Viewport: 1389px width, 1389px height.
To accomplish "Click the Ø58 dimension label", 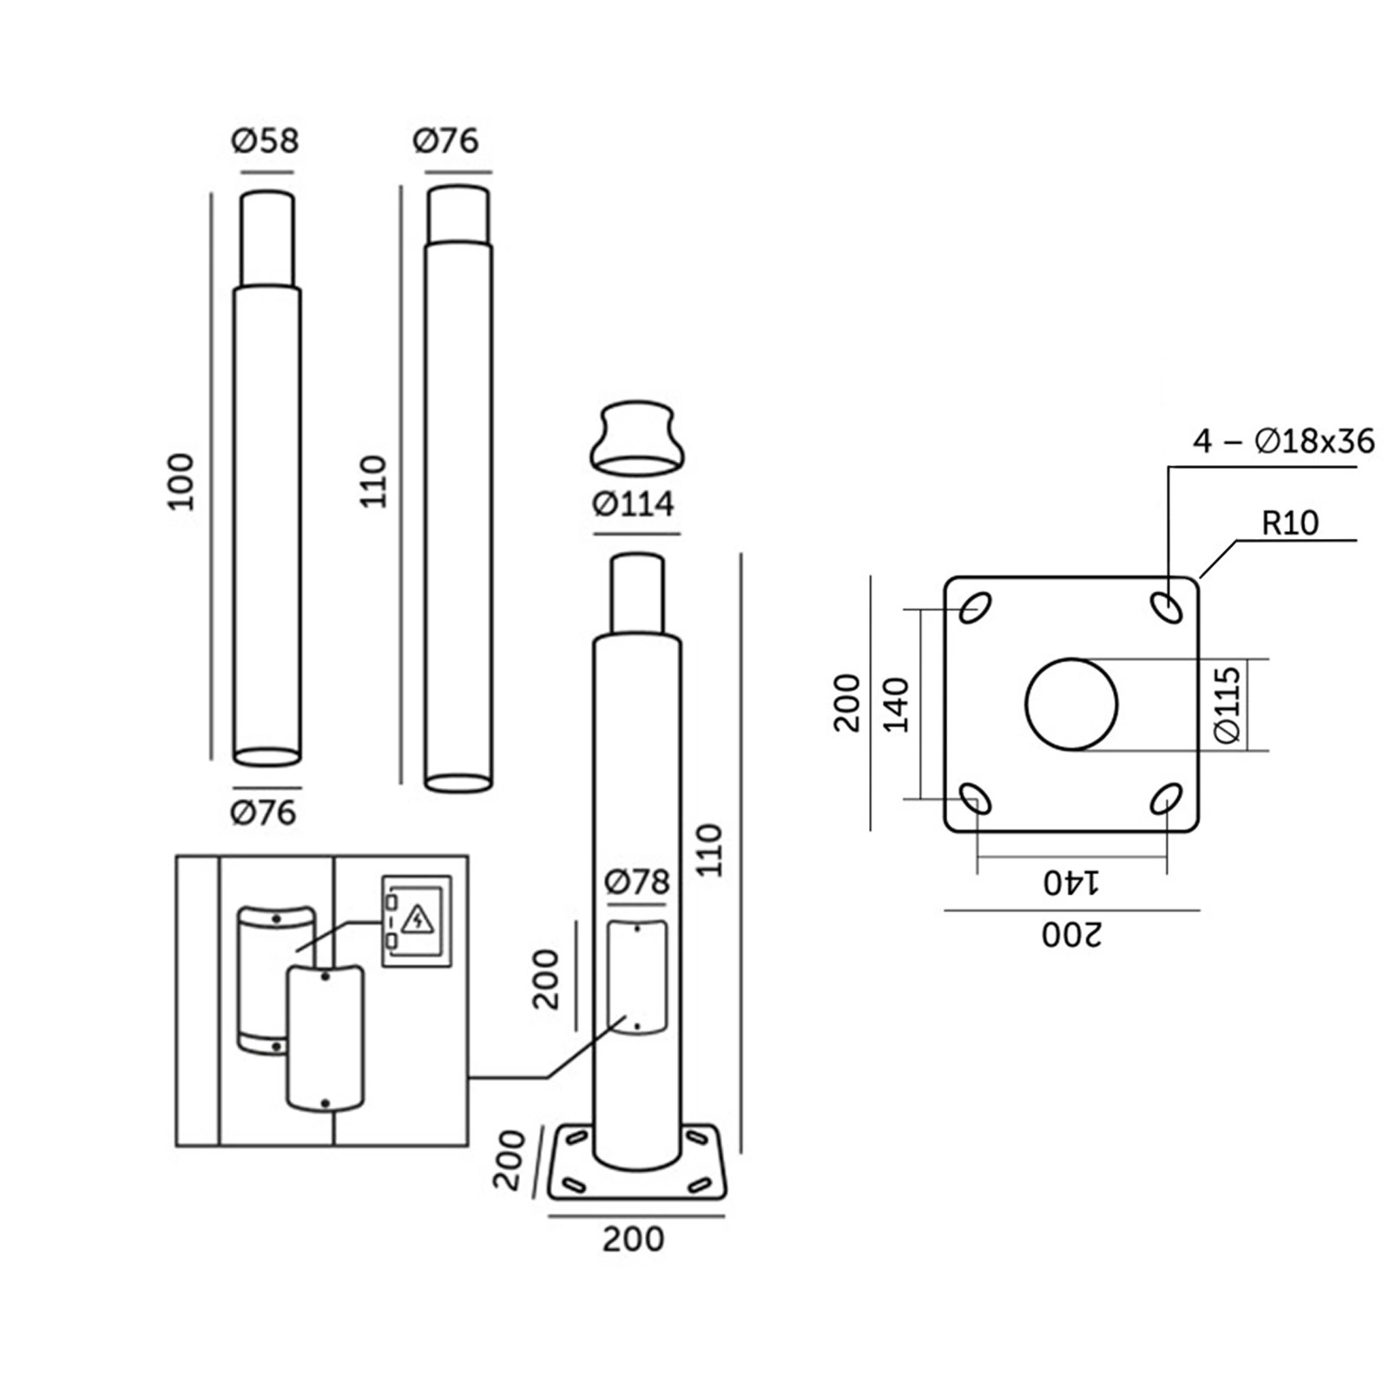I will [265, 141].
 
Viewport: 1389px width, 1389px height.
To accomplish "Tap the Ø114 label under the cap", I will [634, 504].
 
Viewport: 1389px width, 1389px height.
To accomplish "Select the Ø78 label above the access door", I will [638, 882].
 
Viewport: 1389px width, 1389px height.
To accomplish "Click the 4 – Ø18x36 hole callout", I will [1283, 442].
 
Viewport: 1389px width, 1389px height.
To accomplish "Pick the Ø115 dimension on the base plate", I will [1228, 705].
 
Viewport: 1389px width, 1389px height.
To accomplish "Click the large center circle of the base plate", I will [1071, 704].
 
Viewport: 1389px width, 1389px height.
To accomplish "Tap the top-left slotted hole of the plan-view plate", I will [976, 608].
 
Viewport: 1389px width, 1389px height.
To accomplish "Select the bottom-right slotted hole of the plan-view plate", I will [1166, 799].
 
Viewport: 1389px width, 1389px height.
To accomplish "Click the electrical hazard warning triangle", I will [418, 918].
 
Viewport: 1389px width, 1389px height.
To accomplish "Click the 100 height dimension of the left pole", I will [181, 482].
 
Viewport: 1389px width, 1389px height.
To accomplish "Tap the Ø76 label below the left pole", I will [264, 813].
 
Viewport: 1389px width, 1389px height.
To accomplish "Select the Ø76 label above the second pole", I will [445, 141].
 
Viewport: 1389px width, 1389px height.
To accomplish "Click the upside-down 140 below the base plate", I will [1071, 883].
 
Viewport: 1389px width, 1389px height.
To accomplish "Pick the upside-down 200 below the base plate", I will [1071, 935].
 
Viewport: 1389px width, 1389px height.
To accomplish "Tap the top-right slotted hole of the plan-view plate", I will [1167, 608].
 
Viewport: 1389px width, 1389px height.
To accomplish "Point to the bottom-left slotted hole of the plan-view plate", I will [976, 799].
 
